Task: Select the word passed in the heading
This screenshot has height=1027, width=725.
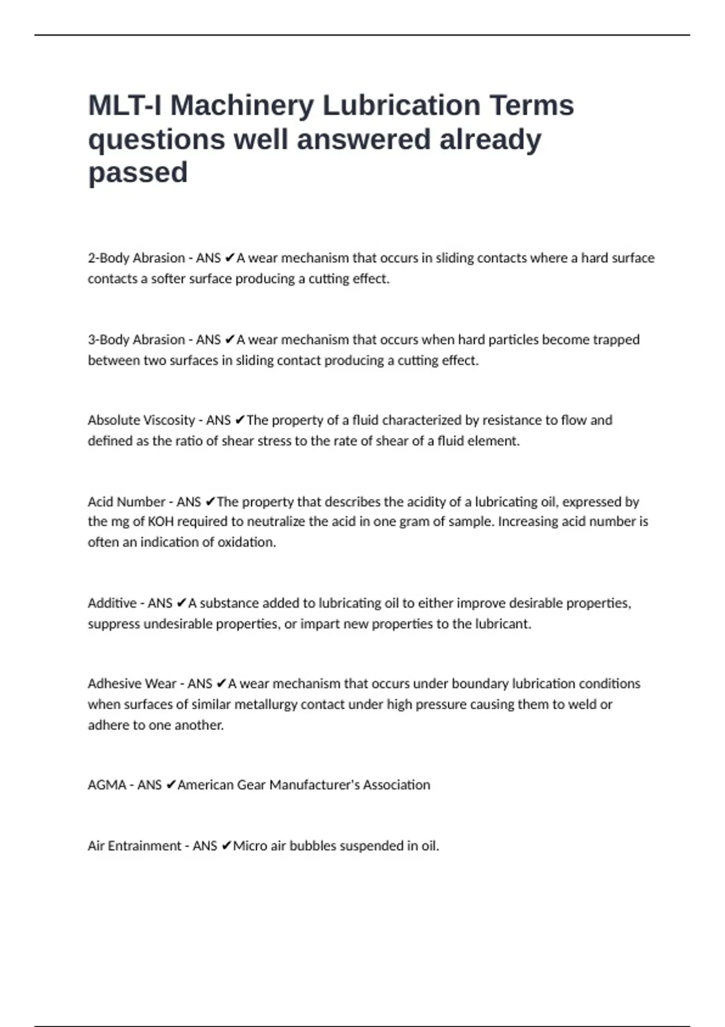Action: point(138,173)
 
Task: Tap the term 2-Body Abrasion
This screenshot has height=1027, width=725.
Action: point(136,258)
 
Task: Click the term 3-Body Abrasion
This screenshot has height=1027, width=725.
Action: point(136,340)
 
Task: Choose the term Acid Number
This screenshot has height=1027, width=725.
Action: point(126,501)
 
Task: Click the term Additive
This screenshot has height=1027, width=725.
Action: point(112,603)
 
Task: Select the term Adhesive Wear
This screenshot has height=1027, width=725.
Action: point(132,684)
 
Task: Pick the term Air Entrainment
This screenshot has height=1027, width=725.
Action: point(134,846)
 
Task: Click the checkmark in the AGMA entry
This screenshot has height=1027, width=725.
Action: point(170,785)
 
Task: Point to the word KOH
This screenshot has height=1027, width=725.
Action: point(161,521)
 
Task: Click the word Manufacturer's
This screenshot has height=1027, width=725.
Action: point(314,785)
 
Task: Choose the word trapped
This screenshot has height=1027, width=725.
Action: point(616,340)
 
